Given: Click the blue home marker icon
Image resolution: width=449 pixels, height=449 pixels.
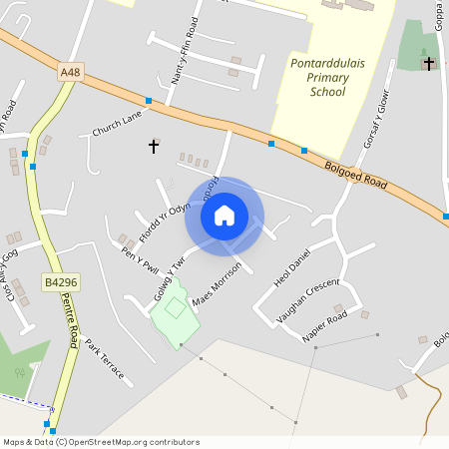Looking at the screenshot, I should [x=224, y=215].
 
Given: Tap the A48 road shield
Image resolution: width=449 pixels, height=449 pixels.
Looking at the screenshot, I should [x=70, y=73].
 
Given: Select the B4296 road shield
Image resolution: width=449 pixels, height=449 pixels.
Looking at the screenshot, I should [x=60, y=283].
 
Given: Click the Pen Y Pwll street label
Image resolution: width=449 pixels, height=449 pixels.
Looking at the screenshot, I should [x=140, y=261].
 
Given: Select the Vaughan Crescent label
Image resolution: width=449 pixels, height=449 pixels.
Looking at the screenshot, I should [x=309, y=300].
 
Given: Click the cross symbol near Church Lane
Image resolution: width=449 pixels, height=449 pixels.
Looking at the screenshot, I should [x=154, y=147].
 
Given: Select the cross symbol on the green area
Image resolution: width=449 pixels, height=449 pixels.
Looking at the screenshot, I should [x=429, y=64].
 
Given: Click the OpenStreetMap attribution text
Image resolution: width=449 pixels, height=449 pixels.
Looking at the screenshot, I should [x=102, y=442].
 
